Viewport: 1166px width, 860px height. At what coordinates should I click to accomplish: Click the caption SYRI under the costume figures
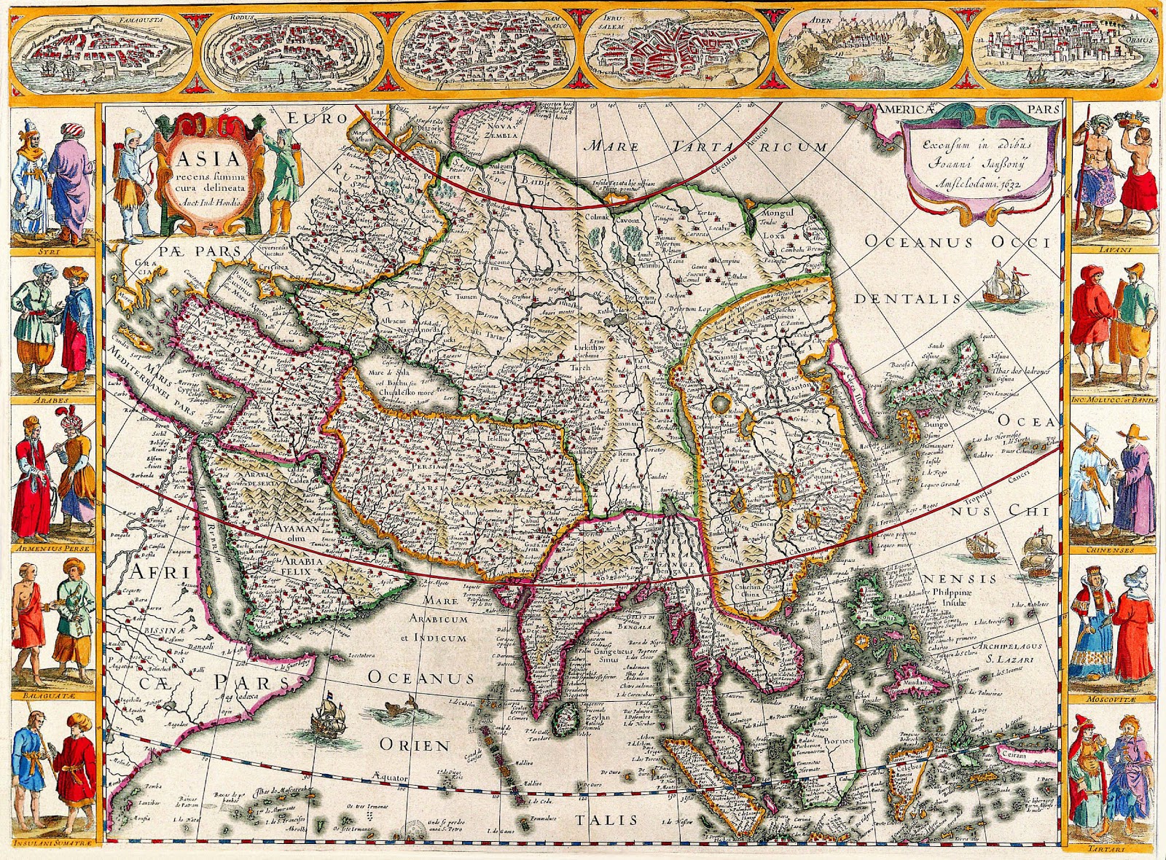tap(52, 253)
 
